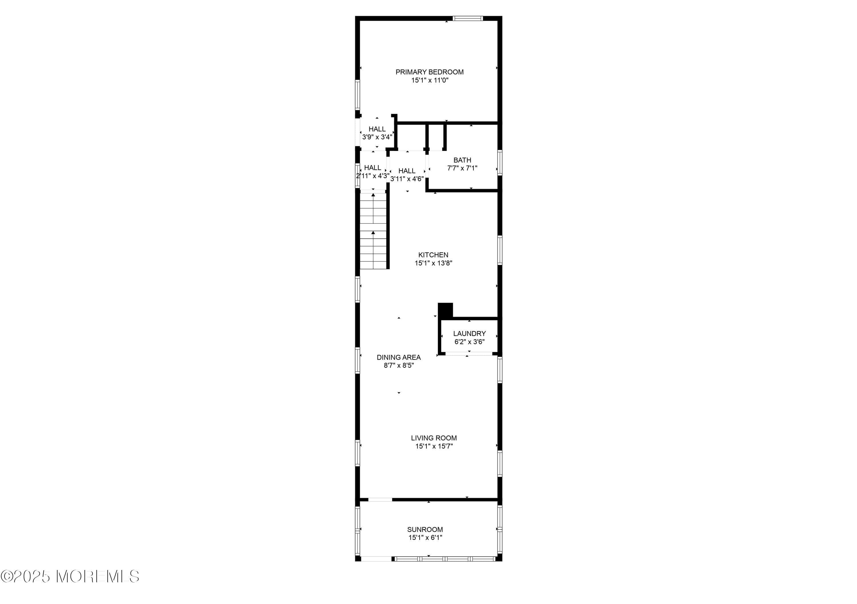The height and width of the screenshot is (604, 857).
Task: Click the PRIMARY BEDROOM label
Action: [x=429, y=72]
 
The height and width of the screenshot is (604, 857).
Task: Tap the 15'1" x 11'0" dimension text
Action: [x=430, y=80]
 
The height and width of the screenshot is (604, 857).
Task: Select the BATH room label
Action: [x=462, y=160]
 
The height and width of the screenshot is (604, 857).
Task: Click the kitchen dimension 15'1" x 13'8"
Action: [x=433, y=263]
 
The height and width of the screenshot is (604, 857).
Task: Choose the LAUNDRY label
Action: [x=469, y=334]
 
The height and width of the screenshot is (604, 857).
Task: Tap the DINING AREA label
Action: [x=398, y=358]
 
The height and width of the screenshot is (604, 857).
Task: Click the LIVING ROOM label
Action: [x=434, y=438]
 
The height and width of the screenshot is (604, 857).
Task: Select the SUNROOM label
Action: [x=425, y=530]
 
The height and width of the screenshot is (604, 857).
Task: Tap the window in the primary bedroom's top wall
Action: [x=468, y=18]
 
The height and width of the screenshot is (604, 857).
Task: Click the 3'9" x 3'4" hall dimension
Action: [x=377, y=137]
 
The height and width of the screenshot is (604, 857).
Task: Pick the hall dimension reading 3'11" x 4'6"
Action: [x=407, y=179]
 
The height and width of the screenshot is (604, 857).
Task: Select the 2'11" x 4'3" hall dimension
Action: [x=373, y=176]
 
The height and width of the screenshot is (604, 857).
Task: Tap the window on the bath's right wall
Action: [x=500, y=162]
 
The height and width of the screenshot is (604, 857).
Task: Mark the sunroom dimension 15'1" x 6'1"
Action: [x=425, y=538]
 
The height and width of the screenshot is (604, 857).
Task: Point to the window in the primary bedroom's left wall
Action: [x=357, y=95]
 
